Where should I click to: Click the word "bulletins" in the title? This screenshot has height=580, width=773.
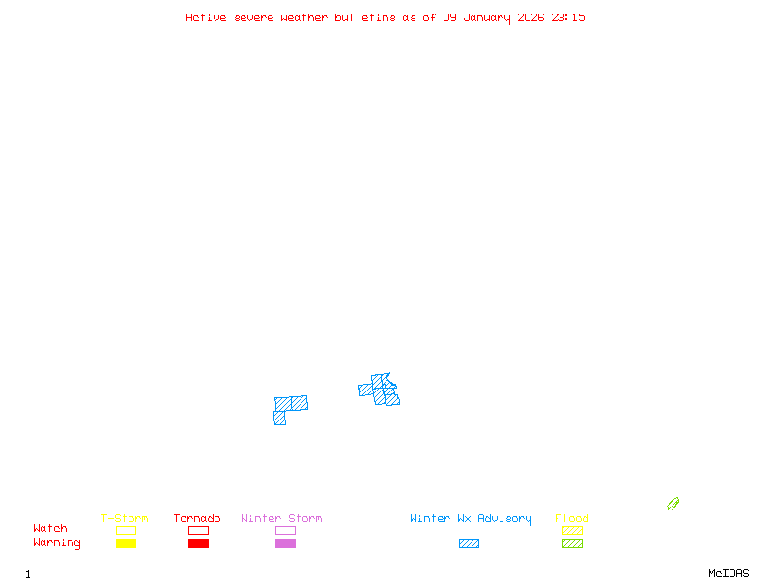(365, 17)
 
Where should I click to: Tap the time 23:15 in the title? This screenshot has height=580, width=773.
(568, 17)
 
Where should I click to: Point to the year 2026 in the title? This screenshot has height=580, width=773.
(531, 17)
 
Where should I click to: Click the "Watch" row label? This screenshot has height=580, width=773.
(50, 529)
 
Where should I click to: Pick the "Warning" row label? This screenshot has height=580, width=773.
(57, 543)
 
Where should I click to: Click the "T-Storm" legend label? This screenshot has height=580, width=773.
(125, 519)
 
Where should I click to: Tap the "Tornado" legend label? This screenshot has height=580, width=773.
(197, 519)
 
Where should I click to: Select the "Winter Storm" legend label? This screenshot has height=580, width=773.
(281, 519)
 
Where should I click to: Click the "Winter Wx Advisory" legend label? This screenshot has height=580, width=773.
(471, 519)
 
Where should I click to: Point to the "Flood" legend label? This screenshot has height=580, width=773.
(572, 519)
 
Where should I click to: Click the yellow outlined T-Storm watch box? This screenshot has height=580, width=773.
(126, 530)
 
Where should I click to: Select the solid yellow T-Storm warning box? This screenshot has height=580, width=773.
(126, 544)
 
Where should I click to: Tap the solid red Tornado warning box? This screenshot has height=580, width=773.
(198, 544)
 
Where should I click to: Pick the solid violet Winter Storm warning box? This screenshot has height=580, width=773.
(285, 544)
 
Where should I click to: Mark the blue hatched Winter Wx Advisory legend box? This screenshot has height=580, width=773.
(469, 544)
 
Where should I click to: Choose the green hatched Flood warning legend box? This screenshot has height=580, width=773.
(572, 544)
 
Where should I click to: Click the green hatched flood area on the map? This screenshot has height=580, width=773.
(673, 504)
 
